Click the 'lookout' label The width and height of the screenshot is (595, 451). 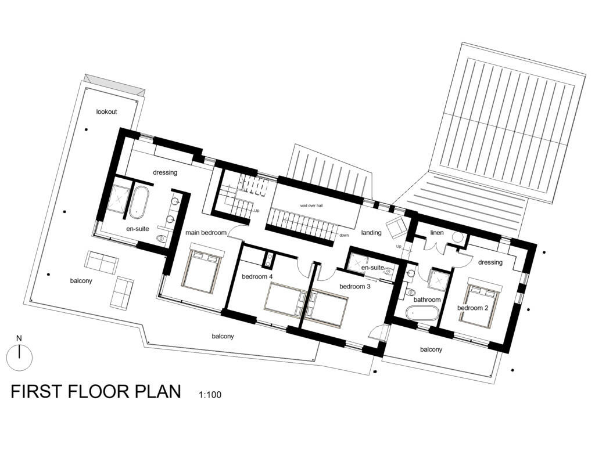[107, 111]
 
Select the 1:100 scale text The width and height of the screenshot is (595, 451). [210, 395]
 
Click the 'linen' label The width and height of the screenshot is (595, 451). [437, 232]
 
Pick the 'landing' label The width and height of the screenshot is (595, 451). [371, 233]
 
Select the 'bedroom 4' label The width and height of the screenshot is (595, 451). [257, 276]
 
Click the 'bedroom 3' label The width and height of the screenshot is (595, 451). [355, 287]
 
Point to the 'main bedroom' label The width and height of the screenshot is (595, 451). [206, 233]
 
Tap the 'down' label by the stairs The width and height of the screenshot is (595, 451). [344, 235]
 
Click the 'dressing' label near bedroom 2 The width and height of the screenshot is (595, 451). [490, 262]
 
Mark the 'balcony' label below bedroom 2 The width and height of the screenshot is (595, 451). [431, 349]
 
